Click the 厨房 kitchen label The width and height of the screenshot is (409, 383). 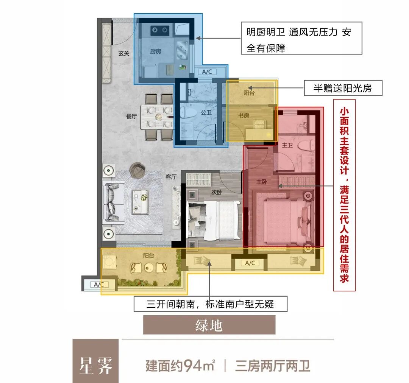coord(156,51)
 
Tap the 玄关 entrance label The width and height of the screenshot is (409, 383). coord(124,54)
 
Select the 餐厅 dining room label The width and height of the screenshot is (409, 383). coord(131,117)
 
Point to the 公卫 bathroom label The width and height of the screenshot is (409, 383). coord(206,113)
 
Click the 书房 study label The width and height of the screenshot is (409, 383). coord(244,115)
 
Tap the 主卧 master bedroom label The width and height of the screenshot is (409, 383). coord(262,182)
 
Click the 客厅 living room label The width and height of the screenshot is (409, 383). coord(171,177)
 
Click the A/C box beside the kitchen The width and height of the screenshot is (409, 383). coord(207,72)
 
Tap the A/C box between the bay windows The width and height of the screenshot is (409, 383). coord(250,263)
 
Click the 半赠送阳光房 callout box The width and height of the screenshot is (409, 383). coord(343,89)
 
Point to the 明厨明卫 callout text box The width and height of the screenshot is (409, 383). coord(301,38)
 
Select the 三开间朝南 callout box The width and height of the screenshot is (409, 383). coord(210,304)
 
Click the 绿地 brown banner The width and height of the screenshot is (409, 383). coord(209,325)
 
